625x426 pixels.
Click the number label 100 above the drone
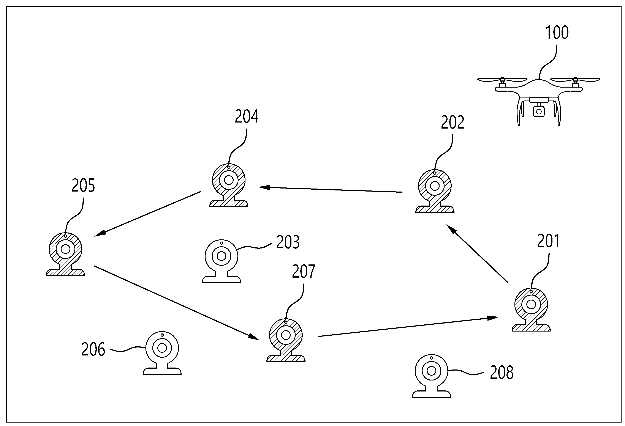pos(557,33)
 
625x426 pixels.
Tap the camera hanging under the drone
pos(539,111)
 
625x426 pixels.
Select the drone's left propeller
pos(502,80)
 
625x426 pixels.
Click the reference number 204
pos(246,116)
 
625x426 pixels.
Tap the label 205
pos(83,185)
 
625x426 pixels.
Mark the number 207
pos(303,272)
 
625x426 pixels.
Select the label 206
pos(93,349)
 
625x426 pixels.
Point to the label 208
pos(502,373)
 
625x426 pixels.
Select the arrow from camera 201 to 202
pos(477,253)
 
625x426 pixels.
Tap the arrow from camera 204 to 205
pos(148,214)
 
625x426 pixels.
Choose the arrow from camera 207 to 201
pos(408,327)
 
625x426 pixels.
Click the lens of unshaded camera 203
pos(221,256)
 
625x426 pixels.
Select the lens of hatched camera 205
pos(65,249)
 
